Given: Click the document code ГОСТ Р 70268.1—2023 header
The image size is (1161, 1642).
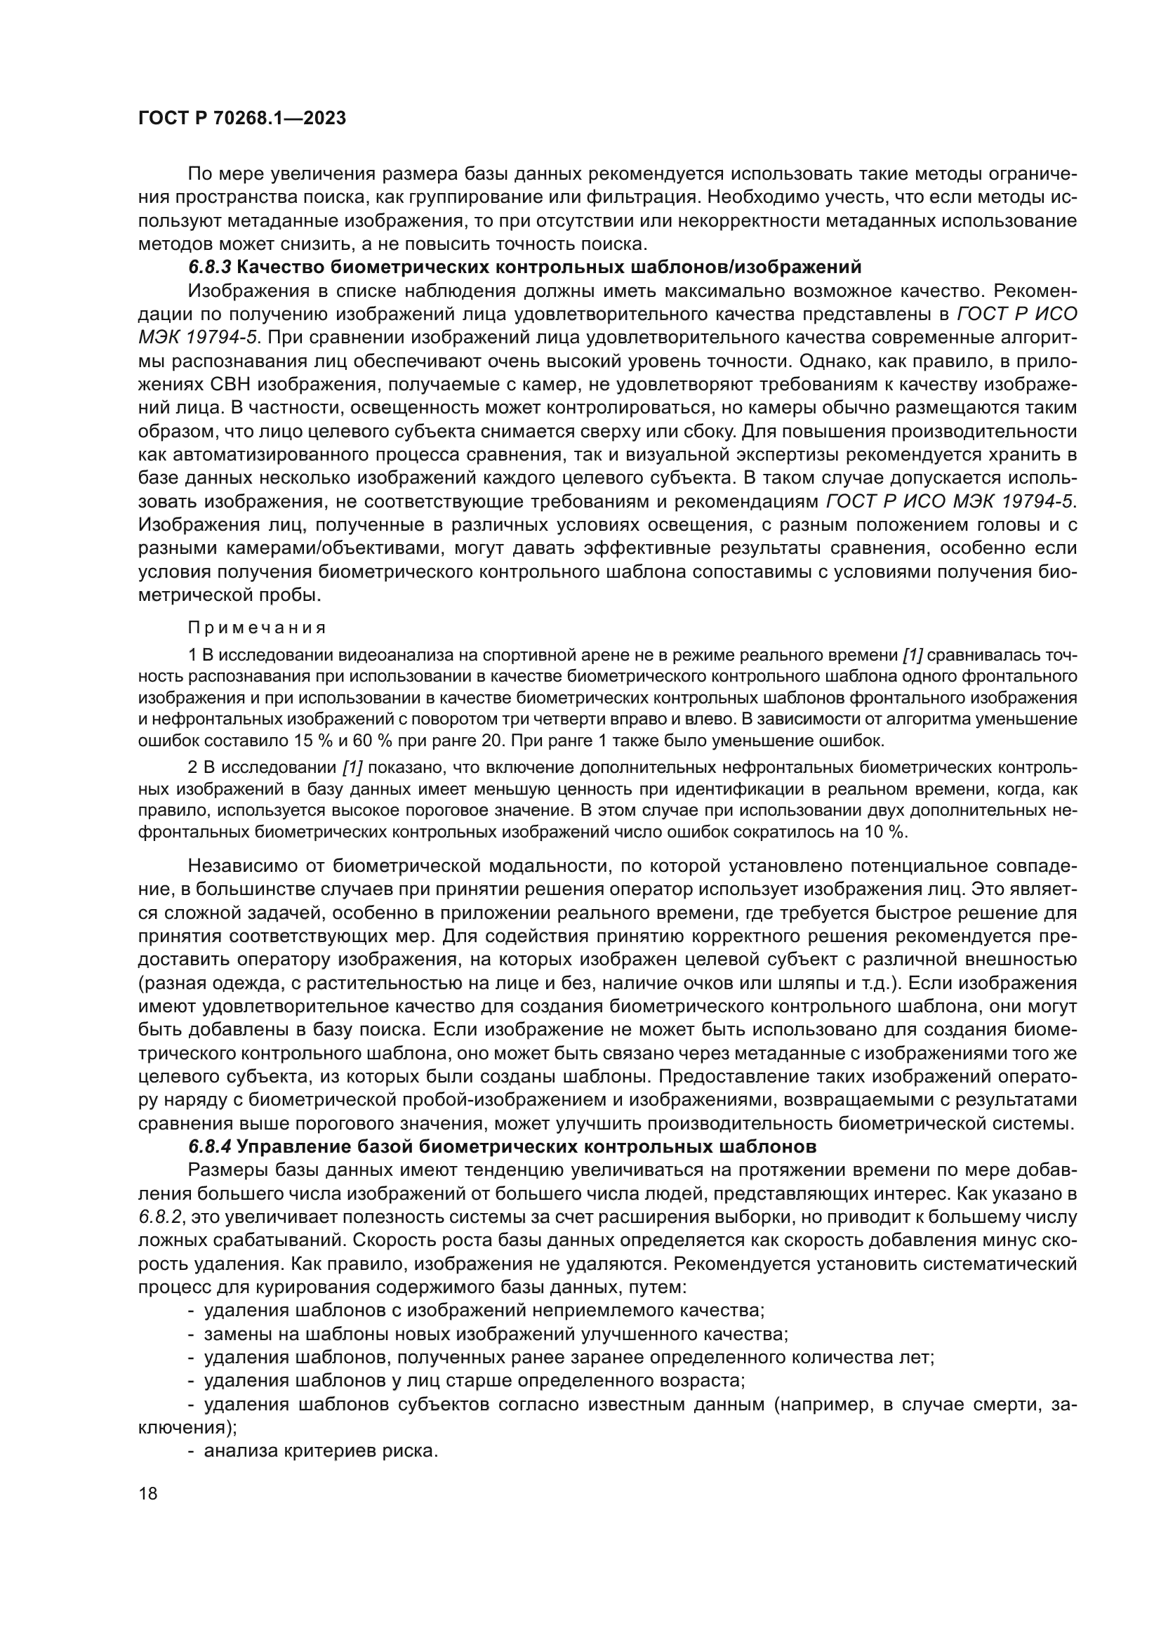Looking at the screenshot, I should [x=241, y=119].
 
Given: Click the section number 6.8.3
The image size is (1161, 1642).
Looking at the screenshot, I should [x=209, y=267].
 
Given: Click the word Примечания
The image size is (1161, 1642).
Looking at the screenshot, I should [x=257, y=628].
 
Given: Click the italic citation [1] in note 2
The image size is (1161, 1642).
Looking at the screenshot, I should [x=352, y=768].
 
